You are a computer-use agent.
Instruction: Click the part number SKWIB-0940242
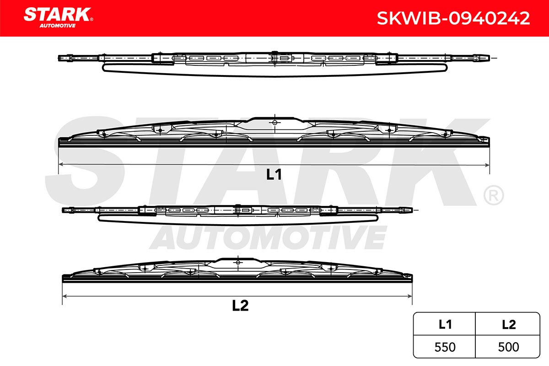coord(453,18)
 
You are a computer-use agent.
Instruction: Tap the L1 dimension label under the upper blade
coord(274,175)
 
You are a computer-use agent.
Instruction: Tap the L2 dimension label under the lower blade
coord(240,306)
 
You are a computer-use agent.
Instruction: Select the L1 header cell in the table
coord(444,324)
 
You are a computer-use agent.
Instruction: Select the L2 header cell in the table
coord(507,324)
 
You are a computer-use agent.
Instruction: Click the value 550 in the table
coord(445,347)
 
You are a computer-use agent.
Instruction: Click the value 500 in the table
coord(508,347)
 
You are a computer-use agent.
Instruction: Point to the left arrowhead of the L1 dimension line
coord(61,165)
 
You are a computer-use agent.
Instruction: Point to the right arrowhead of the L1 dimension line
coord(487,165)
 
